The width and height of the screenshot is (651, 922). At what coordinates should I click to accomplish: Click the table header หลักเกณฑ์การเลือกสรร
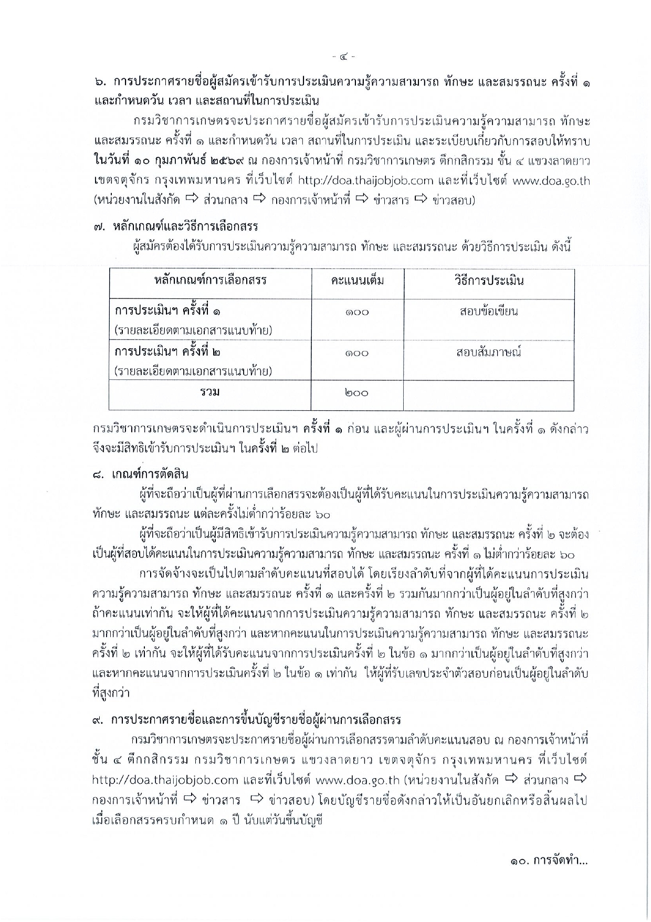pos(211,281)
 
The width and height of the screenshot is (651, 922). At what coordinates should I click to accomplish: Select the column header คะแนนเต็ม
pos(358,281)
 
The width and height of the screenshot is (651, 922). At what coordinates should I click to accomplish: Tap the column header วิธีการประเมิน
pos(489,281)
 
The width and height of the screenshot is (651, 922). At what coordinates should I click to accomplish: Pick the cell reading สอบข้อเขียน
pos(489,312)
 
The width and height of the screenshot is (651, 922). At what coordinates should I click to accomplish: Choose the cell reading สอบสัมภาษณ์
pos(489,352)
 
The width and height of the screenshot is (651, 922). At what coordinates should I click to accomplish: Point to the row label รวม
pos(209,392)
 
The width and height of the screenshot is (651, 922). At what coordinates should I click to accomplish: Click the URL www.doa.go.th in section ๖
pos(551,181)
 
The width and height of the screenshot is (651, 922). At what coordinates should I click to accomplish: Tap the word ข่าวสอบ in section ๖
pos(453,201)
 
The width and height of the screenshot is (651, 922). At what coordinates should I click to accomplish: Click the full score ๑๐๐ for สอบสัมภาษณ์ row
pos(358,353)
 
